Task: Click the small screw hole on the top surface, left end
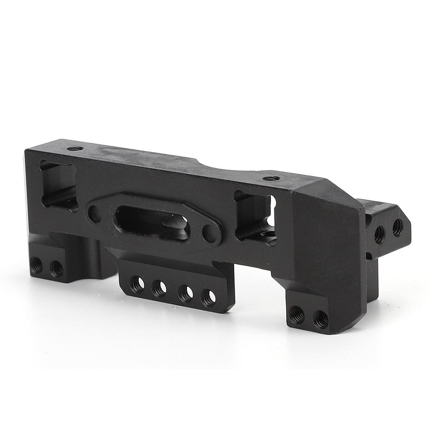[75, 148]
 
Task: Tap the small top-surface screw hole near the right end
[271, 178]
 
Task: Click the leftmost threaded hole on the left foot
[37, 265]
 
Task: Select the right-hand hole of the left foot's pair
[56, 269]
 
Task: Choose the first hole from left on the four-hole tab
[137, 284]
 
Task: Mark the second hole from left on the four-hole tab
[160, 288]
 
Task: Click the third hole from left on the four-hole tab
[186, 293]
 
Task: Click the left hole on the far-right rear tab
[379, 234]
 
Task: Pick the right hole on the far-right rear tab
[397, 227]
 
